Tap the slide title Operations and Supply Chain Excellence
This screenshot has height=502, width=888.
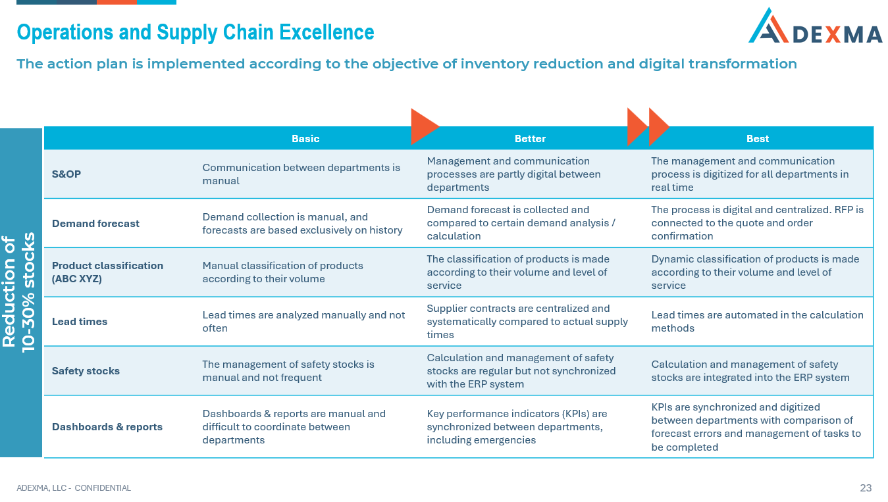click(x=196, y=32)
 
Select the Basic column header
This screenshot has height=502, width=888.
click(x=305, y=139)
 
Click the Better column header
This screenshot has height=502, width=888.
click(x=530, y=139)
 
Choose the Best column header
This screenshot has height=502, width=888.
click(x=758, y=139)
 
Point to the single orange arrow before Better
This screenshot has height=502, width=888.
click(x=423, y=126)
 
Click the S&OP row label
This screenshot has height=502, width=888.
click(x=66, y=174)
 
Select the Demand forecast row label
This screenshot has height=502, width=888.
click(x=95, y=224)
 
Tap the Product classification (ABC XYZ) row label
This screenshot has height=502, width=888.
click(x=107, y=272)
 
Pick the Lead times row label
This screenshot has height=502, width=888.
click(x=80, y=322)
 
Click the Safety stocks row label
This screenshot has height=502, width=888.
click(x=86, y=371)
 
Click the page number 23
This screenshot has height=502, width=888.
click(x=866, y=488)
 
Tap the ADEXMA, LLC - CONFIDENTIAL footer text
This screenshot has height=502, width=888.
click(x=74, y=488)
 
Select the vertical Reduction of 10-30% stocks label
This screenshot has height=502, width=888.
click(x=20, y=292)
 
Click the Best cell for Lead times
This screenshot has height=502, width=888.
click(x=757, y=322)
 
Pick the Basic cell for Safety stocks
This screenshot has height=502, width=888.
click(x=288, y=371)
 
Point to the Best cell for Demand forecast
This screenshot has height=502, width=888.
click(x=757, y=223)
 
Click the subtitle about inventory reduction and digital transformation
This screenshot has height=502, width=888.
click(x=406, y=64)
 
